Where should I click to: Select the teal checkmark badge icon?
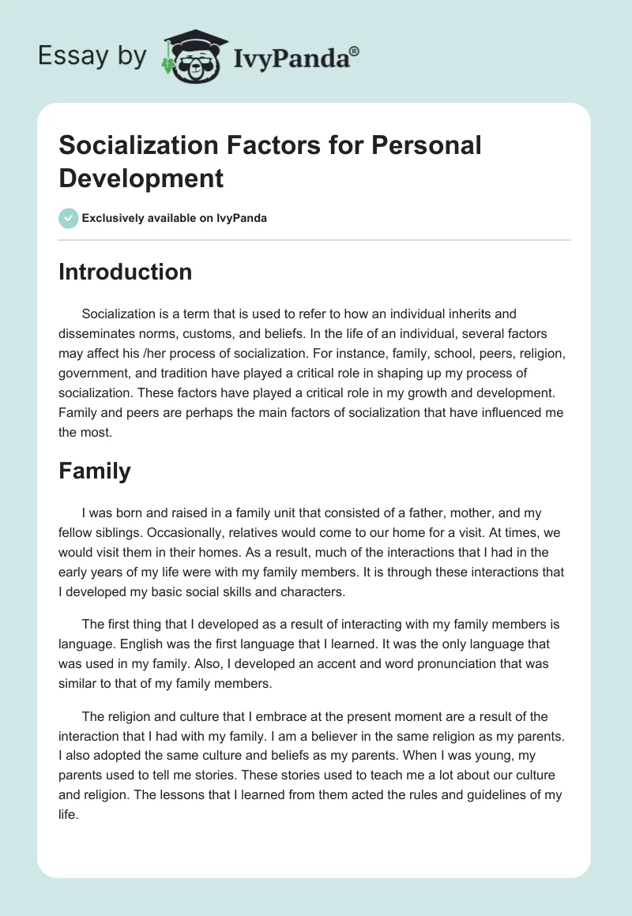pyautogui.click(x=69, y=218)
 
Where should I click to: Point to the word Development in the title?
pyautogui.click(x=141, y=178)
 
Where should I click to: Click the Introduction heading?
pyautogui.click(x=125, y=272)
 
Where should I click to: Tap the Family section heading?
pyautogui.click(x=95, y=471)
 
